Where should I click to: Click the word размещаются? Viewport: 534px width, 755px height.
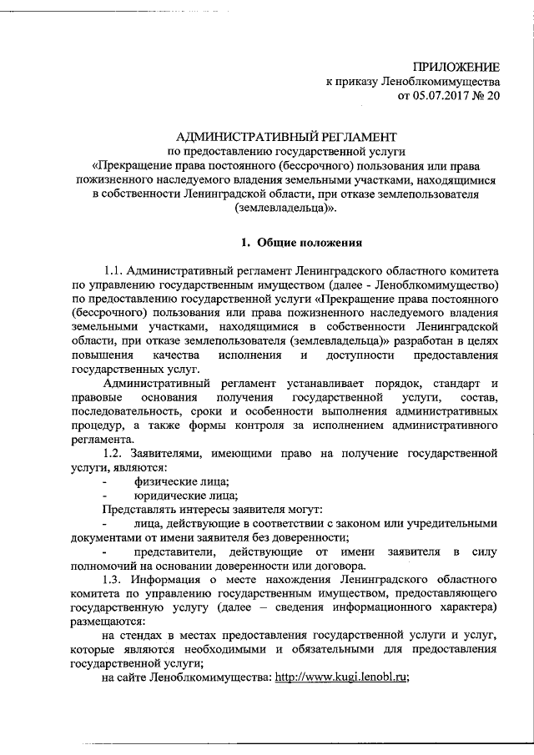(x=108, y=623)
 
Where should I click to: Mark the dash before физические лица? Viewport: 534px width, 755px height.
(x=104, y=481)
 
